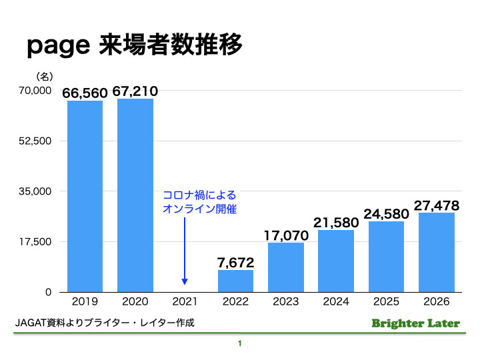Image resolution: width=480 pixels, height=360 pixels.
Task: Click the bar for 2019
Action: [85, 196]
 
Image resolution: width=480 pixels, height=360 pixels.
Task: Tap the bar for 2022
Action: [235, 281]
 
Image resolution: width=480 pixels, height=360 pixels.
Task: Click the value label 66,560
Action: [85, 93]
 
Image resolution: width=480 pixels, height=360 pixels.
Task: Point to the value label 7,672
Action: [236, 262]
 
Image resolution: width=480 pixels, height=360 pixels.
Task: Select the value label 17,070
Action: [286, 235]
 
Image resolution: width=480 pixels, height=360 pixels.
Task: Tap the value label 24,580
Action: [386, 214]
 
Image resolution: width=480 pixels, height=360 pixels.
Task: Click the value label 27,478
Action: [437, 205]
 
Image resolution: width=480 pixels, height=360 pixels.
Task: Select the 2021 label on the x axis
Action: [185, 301]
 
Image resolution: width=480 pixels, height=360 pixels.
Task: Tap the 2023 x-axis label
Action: [286, 301]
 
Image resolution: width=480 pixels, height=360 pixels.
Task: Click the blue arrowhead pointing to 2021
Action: [185, 282]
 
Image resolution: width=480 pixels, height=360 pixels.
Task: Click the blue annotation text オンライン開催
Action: [199, 209]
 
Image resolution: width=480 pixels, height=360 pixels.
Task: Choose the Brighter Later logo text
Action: [415, 323]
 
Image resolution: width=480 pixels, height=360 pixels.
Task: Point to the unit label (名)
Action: [44, 76]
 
